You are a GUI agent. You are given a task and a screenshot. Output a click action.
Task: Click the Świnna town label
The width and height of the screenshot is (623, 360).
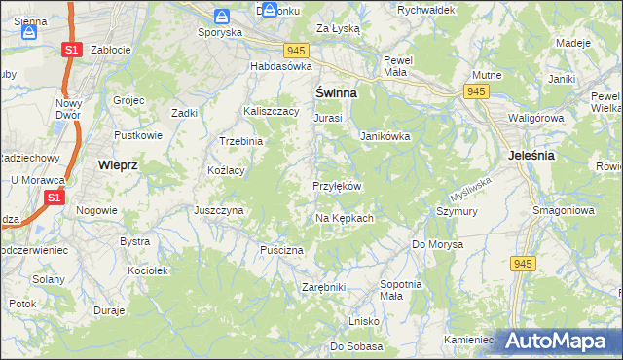[335, 93]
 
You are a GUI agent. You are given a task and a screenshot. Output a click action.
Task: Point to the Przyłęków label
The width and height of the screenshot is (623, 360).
[337, 186]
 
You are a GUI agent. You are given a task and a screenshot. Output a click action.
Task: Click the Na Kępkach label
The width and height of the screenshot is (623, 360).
[345, 218]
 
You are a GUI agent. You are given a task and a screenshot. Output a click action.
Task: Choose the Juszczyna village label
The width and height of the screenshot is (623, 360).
[218, 209]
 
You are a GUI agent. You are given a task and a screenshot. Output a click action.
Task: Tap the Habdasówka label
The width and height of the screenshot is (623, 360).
[280, 66]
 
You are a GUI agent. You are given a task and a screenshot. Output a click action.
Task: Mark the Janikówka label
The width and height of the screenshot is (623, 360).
[385, 137]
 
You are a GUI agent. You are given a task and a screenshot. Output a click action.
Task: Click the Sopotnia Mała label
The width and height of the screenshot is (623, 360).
[401, 290]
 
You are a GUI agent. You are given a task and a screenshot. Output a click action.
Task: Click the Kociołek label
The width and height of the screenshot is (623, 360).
[149, 270]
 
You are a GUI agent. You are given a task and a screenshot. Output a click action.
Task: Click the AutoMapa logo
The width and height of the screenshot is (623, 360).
[555, 340]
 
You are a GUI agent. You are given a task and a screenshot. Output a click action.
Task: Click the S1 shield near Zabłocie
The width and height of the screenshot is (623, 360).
[70, 49]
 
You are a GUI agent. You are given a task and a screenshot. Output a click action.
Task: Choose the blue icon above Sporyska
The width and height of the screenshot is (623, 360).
[222, 16]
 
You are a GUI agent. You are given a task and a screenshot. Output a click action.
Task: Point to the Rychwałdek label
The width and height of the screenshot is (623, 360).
[426, 10]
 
